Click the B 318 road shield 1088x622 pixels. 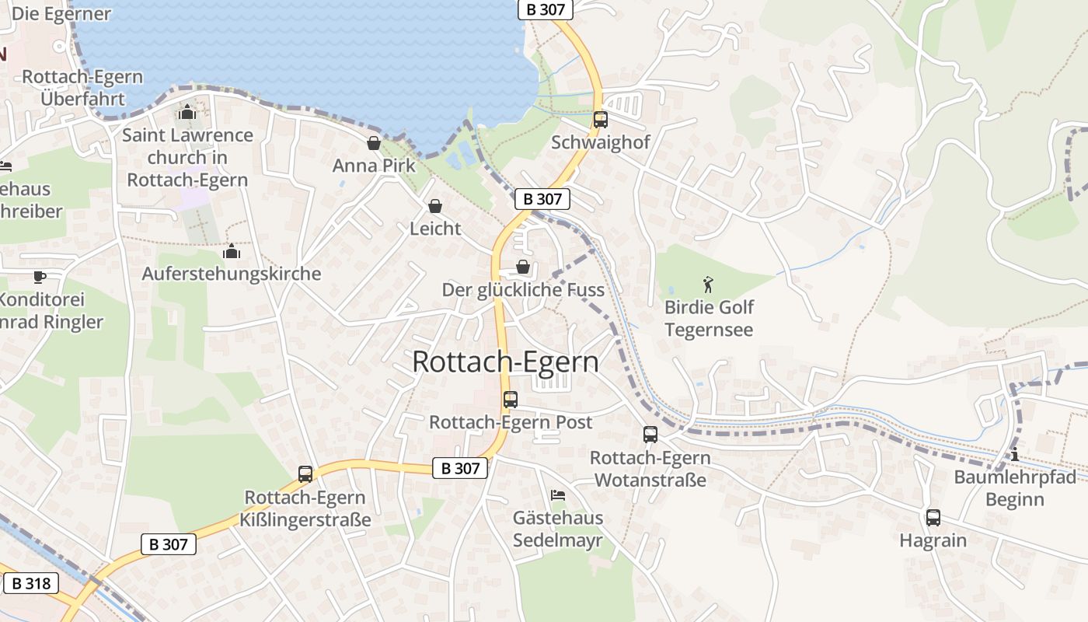point(31,583)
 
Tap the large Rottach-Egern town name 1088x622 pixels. point(506,362)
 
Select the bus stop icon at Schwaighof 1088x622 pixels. point(600,120)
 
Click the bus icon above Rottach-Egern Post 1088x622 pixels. point(510,400)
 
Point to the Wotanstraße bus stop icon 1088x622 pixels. point(650,435)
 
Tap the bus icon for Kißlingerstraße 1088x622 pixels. point(305,473)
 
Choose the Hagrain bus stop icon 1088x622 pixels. point(933,517)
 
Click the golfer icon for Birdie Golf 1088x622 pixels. point(707,284)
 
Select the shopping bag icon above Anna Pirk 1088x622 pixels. point(374,143)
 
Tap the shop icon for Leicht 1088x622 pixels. point(435,206)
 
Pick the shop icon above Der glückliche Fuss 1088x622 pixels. point(523,267)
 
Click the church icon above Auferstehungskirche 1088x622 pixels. point(231,251)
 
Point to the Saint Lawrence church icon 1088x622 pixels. point(187,113)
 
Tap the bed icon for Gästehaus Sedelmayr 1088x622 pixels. point(557,494)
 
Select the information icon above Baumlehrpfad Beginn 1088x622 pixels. point(1014,454)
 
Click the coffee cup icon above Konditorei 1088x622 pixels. point(40,277)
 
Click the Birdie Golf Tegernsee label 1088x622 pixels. point(709,318)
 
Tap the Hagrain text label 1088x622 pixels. point(933,540)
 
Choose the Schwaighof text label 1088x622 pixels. point(600,143)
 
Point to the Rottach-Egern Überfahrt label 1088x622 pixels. point(82,88)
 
